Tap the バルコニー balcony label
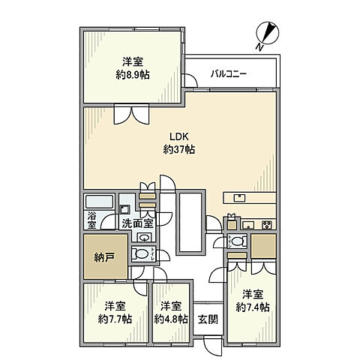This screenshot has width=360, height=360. pyautogui.click(x=229, y=73)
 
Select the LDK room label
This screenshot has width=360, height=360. pyautogui.click(x=178, y=136)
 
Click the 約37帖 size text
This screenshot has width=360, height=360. pyautogui.click(x=178, y=150)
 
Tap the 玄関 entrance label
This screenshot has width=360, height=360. pyautogui.click(x=207, y=318)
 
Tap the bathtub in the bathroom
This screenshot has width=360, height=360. pyautogui.click(x=98, y=201)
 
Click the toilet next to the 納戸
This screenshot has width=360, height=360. pyautogui.click(x=139, y=255)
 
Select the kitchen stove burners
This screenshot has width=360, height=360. pyautogui.click(x=266, y=223)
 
